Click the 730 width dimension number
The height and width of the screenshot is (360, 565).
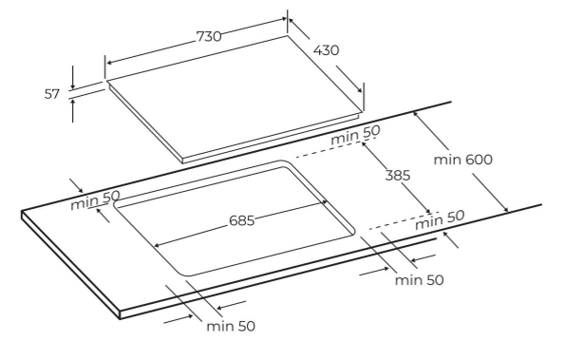coord(209,36)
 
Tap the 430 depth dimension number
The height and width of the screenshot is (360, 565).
coord(326,50)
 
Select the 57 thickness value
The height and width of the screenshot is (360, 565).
coord(52,94)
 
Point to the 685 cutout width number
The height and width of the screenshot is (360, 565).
coord(242,220)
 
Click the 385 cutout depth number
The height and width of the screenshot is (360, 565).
coord(398,176)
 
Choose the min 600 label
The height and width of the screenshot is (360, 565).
coord(463,160)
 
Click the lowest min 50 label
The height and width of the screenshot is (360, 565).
coord(231,326)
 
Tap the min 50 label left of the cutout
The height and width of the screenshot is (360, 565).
coord(95,200)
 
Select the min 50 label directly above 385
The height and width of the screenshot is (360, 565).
coord(356,135)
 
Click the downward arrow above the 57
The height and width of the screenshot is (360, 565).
coord(72,77)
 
